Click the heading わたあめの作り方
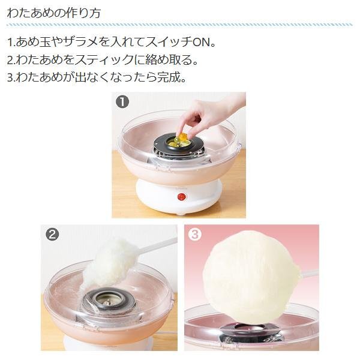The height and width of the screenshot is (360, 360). (x=54, y=13)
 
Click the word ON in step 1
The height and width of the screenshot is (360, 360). (x=201, y=42)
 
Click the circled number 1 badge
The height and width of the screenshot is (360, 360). (x=122, y=102)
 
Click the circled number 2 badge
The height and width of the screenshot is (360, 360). (x=52, y=235)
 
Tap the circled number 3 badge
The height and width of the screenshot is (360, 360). (x=194, y=235)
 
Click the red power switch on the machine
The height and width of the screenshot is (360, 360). (x=181, y=197)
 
